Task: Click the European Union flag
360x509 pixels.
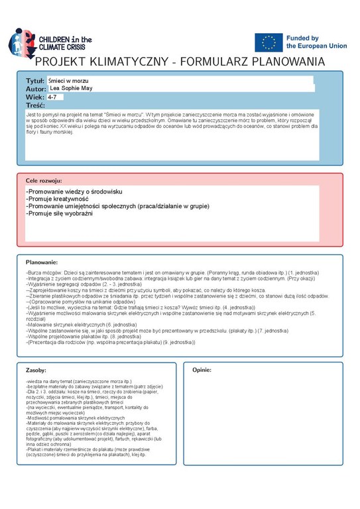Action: (269, 42)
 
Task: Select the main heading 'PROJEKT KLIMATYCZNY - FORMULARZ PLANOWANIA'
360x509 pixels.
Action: (180, 62)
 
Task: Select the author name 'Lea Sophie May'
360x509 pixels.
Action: (71, 88)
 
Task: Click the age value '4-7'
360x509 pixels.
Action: (52, 97)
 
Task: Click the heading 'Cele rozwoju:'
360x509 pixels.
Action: (44, 180)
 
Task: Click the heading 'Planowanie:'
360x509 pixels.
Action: (41, 262)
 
